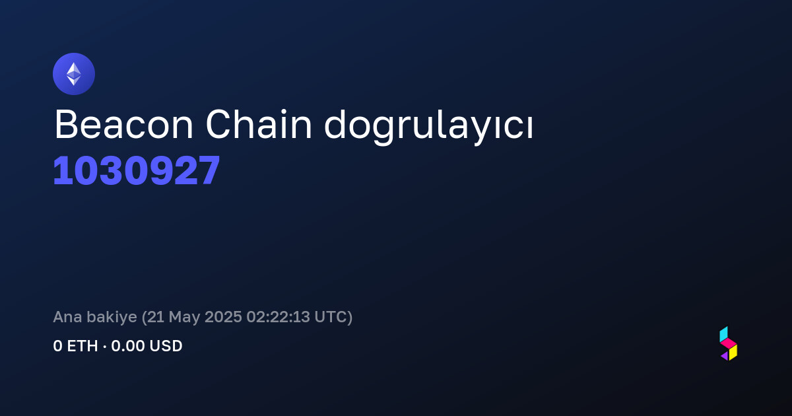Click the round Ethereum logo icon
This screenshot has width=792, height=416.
pyautogui.click(x=74, y=74)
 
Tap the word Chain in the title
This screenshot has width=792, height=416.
pyautogui.click(x=259, y=124)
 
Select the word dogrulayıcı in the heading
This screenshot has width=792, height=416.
pyautogui.click(x=428, y=127)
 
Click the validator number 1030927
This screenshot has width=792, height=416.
pyautogui.click(x=137, y=170)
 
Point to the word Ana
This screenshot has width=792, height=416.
pyautogui.click(x=67, y=316)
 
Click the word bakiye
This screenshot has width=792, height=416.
pyautogui.click(x=112, y=318)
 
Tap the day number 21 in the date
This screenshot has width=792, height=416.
pyautogui.click(x=156, y=316)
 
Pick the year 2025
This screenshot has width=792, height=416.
pyautogui.click(x=223, y=316)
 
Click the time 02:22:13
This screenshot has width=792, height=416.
pyautogui.click(x=279, y=316)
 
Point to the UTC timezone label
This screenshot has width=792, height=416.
pyautogui.click(x=331, y=316)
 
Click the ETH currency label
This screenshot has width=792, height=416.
pyautogui.click(x=82, y=346)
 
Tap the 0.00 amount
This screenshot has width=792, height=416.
pyautogui.click(x=127, y=346)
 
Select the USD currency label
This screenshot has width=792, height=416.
pyautogui.click(x=166, y=346)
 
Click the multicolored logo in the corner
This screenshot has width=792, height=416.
pyautogui.click(x=729, y=343)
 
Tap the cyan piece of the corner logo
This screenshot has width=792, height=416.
pyautogui.click(x=723, y=334)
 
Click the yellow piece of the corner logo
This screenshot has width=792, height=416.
pyautogui.click(x=733, y=353)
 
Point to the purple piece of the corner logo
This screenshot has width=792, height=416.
pyautogui.click(x=725, y=355)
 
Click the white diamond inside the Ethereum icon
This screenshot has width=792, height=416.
pyautogui.click(x=74, y=74)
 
